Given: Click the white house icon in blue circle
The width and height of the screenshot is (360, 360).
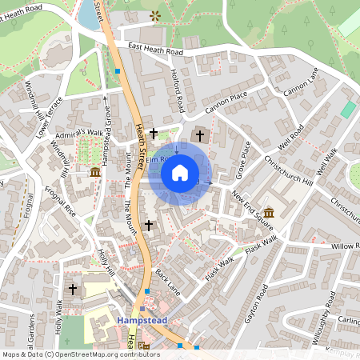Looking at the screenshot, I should pyautogui.click(x=180, y=172).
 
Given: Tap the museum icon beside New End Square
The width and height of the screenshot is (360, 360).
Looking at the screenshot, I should pyautogui.click(x=267, y=212).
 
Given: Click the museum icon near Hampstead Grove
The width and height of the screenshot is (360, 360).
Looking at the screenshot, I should pyautogui.click(x=95, y=172).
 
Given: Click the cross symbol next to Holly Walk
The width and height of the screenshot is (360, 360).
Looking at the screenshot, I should pyautogui.click(x=73, y=288).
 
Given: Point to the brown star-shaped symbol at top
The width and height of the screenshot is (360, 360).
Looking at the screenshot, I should pyautogui.click(x=154, y=15).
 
